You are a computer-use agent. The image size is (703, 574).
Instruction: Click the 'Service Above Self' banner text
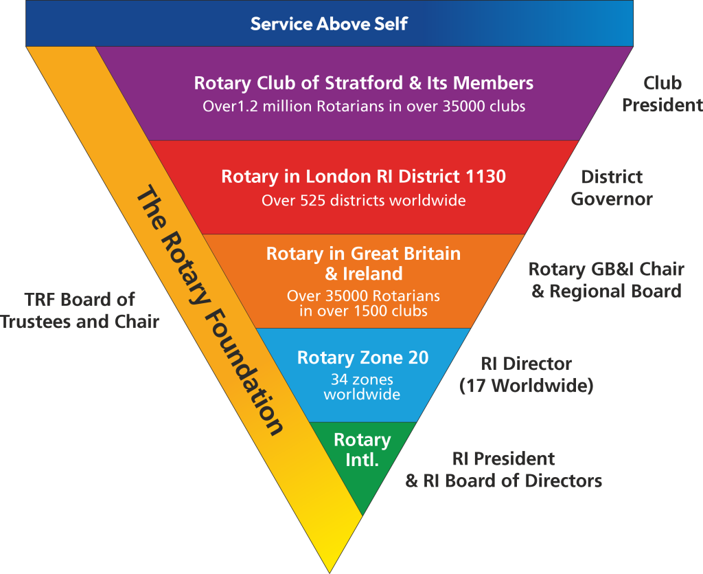(x=329, y=24)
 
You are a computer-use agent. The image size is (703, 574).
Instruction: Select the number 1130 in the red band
(x=485, y=177)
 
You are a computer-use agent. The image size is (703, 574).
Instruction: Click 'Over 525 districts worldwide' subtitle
(x=364, y=200)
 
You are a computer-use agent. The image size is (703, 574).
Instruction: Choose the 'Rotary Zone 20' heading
(x=362, y=357)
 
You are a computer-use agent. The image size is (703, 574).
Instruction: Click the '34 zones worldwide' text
(x=362, y=387)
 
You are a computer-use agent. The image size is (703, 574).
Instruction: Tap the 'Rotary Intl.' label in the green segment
(x=362, y=450)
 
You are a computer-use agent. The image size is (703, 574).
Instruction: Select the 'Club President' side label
(x=662, y=93)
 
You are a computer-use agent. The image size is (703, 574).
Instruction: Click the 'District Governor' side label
(x=612, y=188)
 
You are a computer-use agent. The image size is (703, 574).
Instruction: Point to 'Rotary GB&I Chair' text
(x=606, y=269)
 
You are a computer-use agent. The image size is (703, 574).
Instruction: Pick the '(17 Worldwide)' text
(x=527, y=386)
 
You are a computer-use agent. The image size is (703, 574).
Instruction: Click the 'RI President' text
(x=503, y=459)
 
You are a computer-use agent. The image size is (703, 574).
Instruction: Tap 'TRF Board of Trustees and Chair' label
(x=80, y=311)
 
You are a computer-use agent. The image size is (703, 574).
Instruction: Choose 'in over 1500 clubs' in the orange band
(x=364, y=311)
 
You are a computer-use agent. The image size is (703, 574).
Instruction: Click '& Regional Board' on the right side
(x=606, y=291)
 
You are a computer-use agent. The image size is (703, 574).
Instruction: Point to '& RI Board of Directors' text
(x=503, y=481)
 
